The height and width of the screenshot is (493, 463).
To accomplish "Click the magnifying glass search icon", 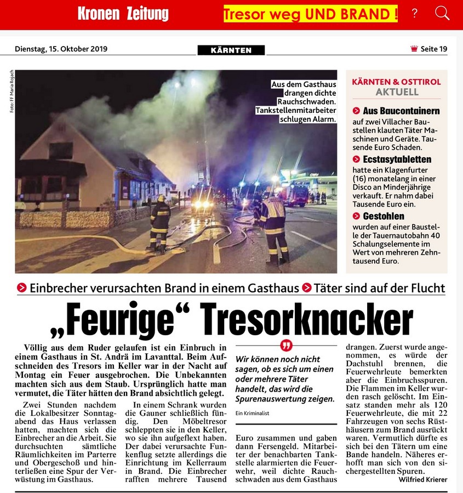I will (442, 13).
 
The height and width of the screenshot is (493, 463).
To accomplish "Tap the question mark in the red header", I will (415, 14).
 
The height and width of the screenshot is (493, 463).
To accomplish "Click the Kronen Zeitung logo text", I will (123, 14).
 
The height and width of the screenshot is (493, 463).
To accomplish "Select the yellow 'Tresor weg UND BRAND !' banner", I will (311, 14).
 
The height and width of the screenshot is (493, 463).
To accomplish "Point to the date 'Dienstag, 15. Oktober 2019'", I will (61, 49).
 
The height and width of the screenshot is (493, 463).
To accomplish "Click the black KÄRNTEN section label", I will (231, 50).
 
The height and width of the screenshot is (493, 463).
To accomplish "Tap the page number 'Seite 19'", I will (433, 49).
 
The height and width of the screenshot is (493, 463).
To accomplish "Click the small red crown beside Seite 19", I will (414, 49).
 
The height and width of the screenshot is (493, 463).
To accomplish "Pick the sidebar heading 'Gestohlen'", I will (384, 216).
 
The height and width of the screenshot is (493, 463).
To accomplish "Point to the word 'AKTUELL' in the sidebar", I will (397, 92).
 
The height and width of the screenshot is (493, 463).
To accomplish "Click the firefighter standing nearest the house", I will (160, 221).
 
